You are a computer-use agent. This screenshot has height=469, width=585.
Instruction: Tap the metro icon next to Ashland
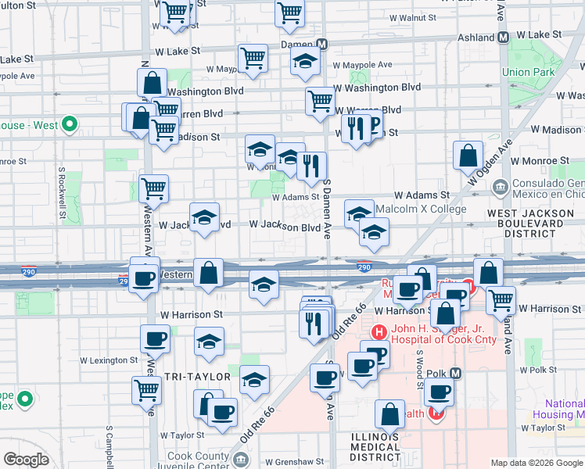(x=504, y=36)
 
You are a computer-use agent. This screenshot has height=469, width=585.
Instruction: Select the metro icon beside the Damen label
(x=322, y=45)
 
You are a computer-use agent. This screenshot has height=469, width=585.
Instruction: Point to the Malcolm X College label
(x=421, y=209)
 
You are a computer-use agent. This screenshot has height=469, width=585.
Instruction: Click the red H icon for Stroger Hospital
(x=379, y=331)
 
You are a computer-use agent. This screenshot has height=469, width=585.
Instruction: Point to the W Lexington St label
(x=109, y=360)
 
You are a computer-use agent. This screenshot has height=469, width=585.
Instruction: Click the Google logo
(x=26, y=460)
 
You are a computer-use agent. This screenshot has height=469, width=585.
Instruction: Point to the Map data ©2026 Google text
(x=537, y=463)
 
